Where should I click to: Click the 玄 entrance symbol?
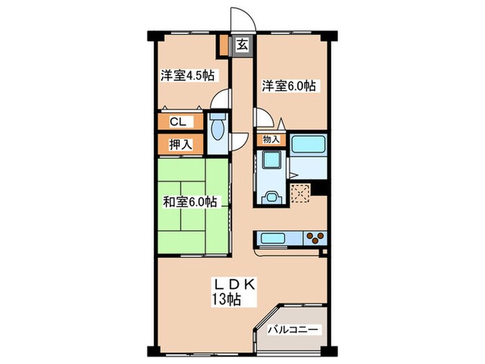point(242,46)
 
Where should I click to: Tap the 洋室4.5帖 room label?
point(188,75)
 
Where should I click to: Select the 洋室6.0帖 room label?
point(289,86)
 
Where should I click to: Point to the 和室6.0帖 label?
point(190,202)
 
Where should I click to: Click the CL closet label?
point(178,121)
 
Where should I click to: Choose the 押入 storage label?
point(181,144)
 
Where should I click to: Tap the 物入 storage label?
point(271,139)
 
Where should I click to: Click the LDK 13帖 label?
point(233,292)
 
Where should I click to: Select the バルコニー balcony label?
point(293,329)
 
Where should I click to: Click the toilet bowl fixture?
point(218,130)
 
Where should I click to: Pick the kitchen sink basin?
point(273,239)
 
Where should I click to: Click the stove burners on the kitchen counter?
point(315,238)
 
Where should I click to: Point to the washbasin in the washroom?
point(272,197)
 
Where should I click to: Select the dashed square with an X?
point(300,193)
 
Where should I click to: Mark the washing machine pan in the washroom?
point(272,159)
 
